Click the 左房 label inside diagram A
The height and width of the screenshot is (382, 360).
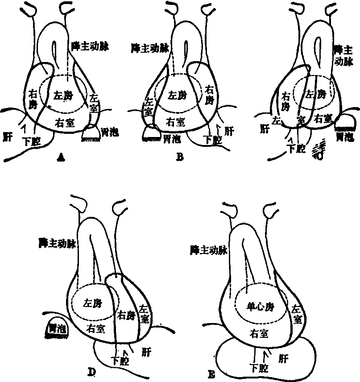point(62,95)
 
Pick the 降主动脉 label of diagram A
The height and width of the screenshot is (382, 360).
point(90,46)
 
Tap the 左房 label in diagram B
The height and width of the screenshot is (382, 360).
point(176,95)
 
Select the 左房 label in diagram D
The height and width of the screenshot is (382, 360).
point(92,303)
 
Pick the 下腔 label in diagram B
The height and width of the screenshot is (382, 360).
point(212,139)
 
